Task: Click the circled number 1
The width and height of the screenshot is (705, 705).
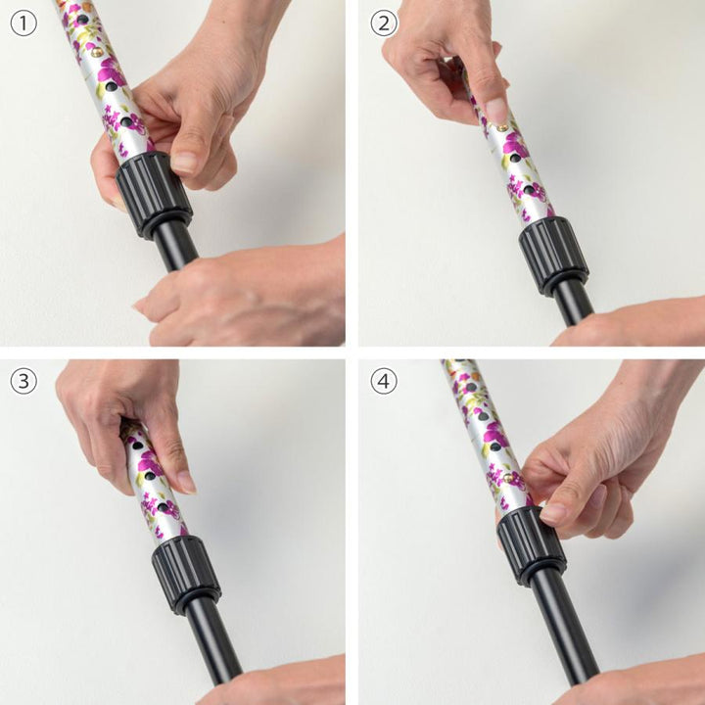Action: [23, 23]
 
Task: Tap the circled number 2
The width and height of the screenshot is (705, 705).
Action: [384, 23]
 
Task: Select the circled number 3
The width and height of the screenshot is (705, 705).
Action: [23, 381]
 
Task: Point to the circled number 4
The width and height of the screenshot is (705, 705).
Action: [384, 381]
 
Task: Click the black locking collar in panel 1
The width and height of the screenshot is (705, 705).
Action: [154, 195]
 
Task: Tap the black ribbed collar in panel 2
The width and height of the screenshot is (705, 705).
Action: [553, 256]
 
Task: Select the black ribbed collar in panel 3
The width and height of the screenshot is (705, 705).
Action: [186, 574]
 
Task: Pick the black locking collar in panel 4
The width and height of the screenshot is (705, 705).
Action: [531, 545]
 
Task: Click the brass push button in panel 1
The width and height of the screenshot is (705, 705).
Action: [96, 53]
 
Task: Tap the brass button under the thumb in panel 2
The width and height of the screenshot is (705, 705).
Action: [501, 127]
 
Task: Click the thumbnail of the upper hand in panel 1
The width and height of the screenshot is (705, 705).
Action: [184, 163]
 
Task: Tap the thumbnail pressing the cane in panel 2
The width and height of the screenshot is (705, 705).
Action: [496, 110]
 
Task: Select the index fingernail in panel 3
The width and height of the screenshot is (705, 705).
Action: [186, 483]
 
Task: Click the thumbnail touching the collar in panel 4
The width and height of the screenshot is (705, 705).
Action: [553, 513]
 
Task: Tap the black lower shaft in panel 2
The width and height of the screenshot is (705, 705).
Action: [573, 303]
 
